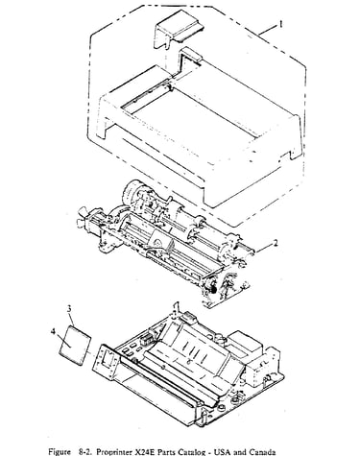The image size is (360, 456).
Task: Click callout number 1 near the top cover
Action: (280, 24)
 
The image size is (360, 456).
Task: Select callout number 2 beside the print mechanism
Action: (275, 244)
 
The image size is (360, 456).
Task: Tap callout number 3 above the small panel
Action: (69, 309)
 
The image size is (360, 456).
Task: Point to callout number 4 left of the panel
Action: (53, 331)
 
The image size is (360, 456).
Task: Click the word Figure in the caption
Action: (60, 451)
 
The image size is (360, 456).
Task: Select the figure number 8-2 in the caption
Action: (85, 451)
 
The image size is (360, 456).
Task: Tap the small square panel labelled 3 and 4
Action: (76, 345)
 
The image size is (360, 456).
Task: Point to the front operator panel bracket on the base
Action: (106, 362)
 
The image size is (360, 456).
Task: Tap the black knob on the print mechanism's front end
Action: (212, 289)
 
